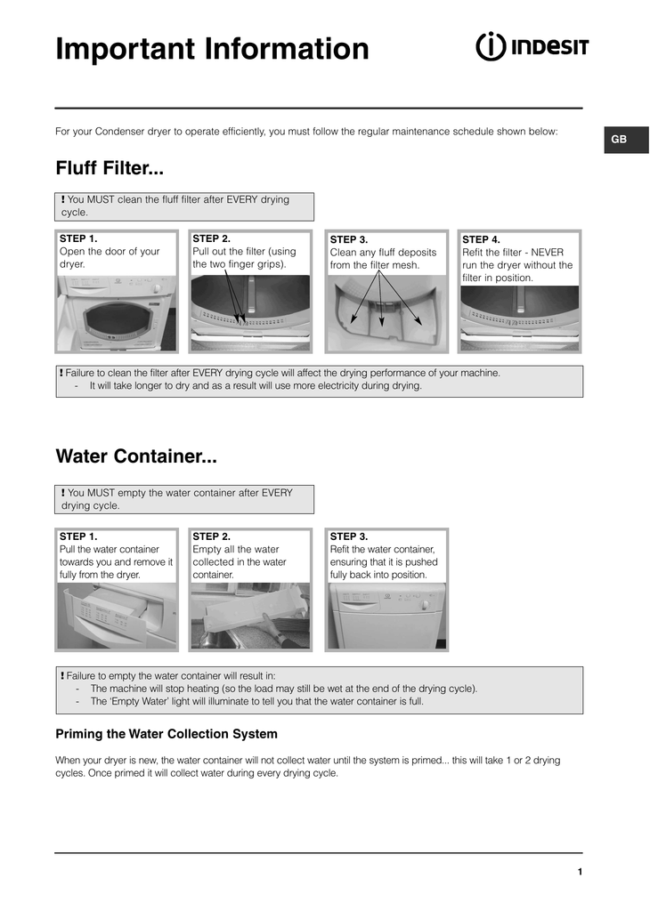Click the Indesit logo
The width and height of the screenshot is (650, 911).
point(532,46)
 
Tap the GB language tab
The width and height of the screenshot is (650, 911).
point(619,140)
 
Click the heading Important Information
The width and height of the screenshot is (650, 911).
point(212,49)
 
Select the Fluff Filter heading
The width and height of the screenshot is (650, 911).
point(110,168)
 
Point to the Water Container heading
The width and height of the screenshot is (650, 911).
point(136,456)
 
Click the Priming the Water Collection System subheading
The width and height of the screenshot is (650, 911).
point(167,734)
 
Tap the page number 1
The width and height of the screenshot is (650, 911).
point(580,872)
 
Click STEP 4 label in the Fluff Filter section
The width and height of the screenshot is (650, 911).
point(482,239)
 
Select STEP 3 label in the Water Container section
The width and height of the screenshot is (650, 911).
point(349,536)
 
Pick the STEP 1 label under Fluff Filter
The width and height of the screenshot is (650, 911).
point(78,238)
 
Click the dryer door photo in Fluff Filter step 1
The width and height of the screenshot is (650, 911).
point(117,313)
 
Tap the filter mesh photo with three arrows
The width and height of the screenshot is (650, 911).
point(385,313)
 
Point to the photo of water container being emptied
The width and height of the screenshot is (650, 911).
point(250,616)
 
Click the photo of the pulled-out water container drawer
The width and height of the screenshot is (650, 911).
point(117,616)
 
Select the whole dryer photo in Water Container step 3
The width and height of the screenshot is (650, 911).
point(385,616)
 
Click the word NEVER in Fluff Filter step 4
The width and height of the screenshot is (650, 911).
point(547,253)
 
